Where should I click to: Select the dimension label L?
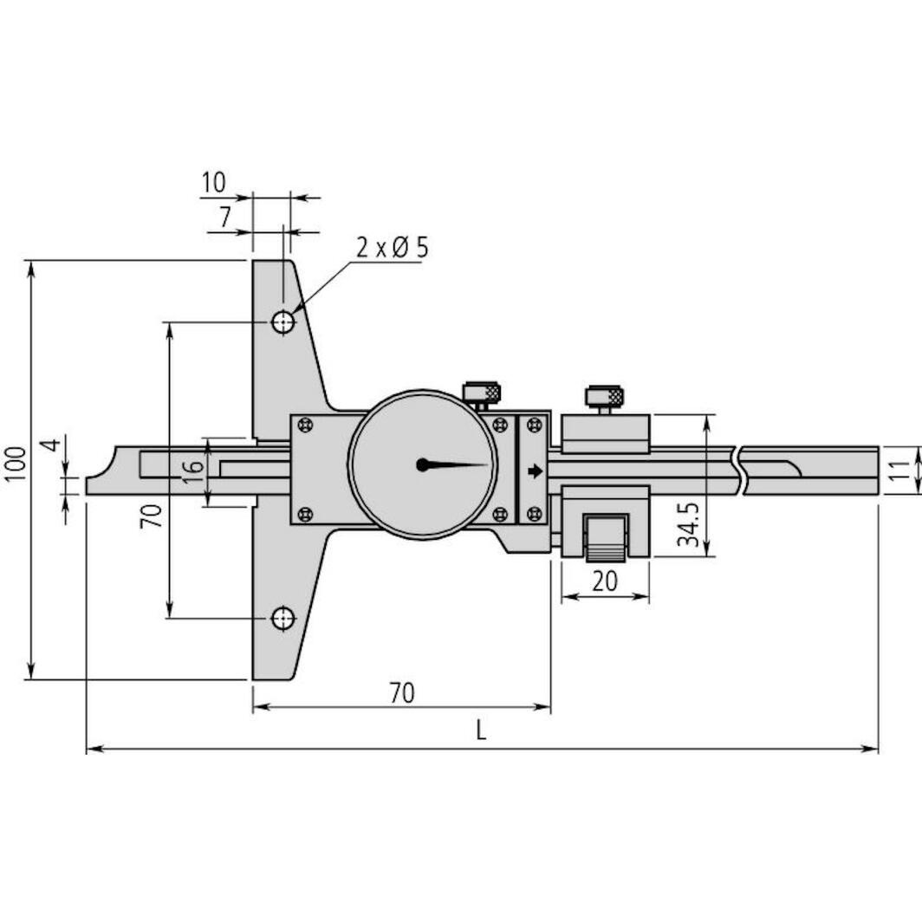pyautogui.click(x=481, y=730)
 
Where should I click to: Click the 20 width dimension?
pyautogui.click(x=605, y=581)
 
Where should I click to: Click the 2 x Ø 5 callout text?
pyautogui.click(x=392, y=249)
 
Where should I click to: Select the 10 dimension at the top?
pyautogui.click(x=213, y=183)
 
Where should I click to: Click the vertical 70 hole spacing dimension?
pyautogui.click(x=152, y=516)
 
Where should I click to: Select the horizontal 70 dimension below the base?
pyautogui.click(x=400, y=693)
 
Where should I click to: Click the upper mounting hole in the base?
pyautogui.click(x=282, y=322)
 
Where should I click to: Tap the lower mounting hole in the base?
pyautogui.click(x=282, y=619)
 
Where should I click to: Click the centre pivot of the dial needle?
pyautogui.click(x=422, y=464)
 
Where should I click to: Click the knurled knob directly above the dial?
pyautogui.click(x=482, y=393)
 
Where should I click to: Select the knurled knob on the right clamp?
pyautogui.click(x=604, y=397)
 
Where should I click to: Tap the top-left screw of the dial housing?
pyautogui.click(x=303, y=425)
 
